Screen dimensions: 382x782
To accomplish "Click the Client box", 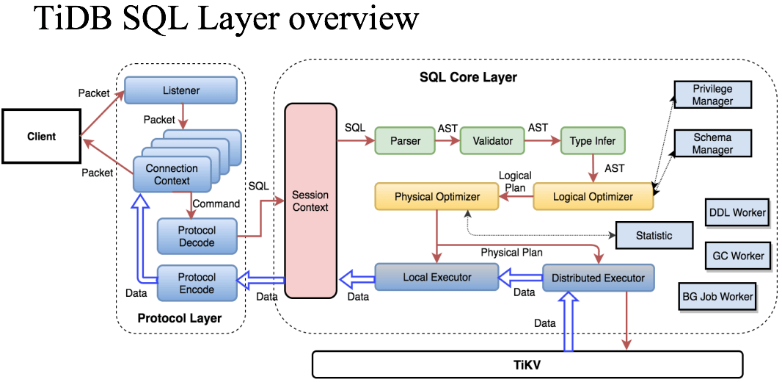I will coord(41,137).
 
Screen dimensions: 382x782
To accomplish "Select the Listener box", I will coord(180,90).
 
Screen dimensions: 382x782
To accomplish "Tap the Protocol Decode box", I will coord(197,237).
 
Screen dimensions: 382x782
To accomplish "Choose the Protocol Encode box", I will coord(197,284).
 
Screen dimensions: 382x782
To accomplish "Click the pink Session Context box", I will coord(310,201).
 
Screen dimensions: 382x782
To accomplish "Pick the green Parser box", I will coord(405,141).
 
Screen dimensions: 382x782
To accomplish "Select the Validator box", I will coord(492,141).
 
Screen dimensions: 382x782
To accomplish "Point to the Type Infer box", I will coord(593,141).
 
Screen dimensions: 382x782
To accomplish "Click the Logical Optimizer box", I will coord(593,197).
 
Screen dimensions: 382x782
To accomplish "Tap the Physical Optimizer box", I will coord(437,197).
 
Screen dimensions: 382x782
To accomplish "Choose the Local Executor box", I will coord(437,278).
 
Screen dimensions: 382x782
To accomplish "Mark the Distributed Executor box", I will coord(598,278).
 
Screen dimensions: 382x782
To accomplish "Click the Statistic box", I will coord(654,235).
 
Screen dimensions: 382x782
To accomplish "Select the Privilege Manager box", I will coord(712,95).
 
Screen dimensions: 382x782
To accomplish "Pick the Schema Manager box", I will coord(712,144).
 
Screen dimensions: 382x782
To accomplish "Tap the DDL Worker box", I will coord(737,213).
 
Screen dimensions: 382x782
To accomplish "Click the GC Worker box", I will coord(738,256).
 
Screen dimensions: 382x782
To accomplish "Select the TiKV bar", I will coord(527,364).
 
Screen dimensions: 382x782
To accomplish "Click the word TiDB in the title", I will coord(73,19).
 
